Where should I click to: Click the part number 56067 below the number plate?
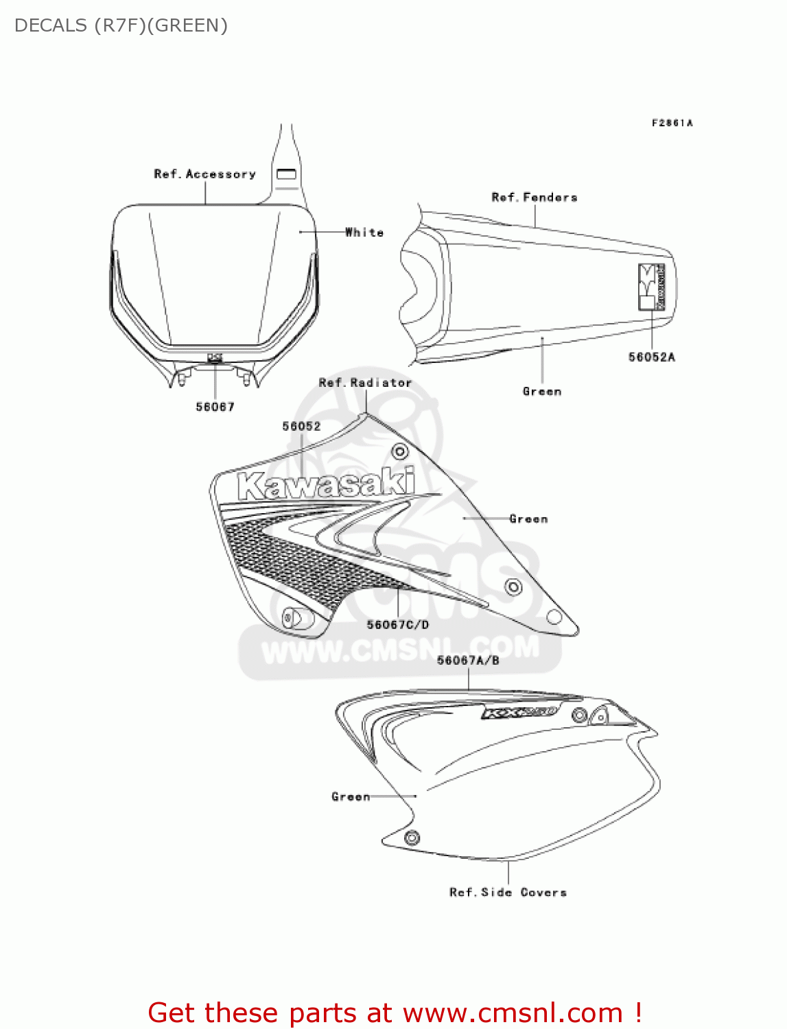tap(215, 407)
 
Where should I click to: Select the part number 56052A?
tap(651, 357)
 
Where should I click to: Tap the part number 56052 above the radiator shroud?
tap(301, 426)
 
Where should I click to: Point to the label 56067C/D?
tap(398, 624)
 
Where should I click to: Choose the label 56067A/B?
tap(468, 660)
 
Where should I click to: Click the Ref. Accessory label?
tap(204, 174)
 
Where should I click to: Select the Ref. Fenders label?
tap(535, 198)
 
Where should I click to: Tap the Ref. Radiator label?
tap(365, 383)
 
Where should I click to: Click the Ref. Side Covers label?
tap(508, 892)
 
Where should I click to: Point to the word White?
tap(364, 233)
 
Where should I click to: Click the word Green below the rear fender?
tap(542, 392)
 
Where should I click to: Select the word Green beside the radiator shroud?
tap(528, 519)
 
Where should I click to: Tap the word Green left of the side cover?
tap(351, 796)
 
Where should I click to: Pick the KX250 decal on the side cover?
tap(519, 713)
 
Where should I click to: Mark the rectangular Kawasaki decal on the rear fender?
tap(651, 287)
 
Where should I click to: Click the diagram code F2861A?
tap(672, 123)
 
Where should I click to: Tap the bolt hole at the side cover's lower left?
tap(412, 838)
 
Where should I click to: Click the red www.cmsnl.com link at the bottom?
tap(513, 1013)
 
